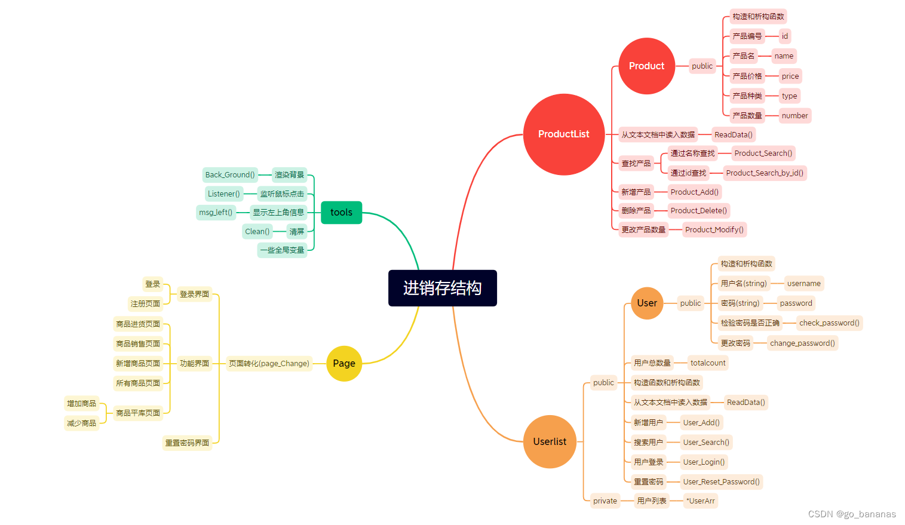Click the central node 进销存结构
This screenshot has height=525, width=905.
(442, 288)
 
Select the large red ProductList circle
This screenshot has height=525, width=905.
(563, 134)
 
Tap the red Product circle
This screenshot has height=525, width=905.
(646, 66)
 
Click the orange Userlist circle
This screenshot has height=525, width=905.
(550, 441)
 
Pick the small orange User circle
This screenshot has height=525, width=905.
(646, 303)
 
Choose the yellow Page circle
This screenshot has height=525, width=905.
(344, 363)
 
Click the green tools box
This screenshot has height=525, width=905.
(341, 212)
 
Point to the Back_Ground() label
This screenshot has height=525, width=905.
(230, 175)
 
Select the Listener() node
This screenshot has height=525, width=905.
(223, 194)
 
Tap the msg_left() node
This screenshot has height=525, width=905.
(216, 212)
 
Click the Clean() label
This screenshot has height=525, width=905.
(257, 231)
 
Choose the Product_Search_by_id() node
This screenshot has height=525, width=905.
(765, 173)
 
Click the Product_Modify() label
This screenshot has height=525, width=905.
(714, 229)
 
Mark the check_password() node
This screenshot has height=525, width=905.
(829, 323)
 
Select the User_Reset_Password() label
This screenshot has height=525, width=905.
(721, 481)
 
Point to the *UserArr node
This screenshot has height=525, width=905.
(700, 501)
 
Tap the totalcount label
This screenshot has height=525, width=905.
(708, 363)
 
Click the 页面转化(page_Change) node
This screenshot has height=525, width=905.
(269, 363)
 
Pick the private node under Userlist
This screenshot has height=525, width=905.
(605, 501)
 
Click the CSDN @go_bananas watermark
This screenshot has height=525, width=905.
(852, 514)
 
